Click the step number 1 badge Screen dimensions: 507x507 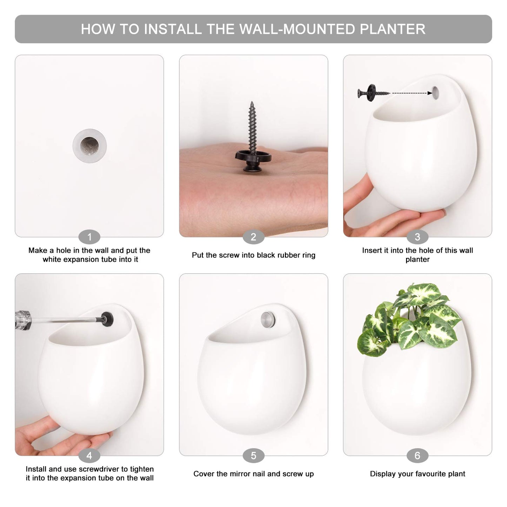(x=89, y=237)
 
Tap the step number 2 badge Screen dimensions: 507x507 (x=253, y=237)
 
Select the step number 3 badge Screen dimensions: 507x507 (x=417, y=237)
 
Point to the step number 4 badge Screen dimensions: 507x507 (x=89, y=456)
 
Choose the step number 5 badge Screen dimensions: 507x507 (x=253, y=456)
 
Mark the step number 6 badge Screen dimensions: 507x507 (x=417, y=456)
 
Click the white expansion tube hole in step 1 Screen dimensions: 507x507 (x=90, y=146)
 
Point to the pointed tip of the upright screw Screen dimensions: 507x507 (x=252, y=103)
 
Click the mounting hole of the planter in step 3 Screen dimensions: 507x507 (x=436, y=92)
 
